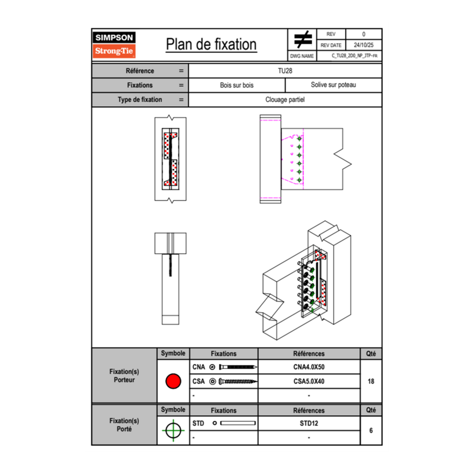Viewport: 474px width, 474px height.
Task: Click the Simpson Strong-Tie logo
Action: pyautogui.click(x=115, y=45)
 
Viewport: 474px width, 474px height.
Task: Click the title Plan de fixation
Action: pyautogui.click(x=211, y=45)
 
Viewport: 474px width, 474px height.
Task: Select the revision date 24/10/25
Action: pyautogui.click(x=364, y=45)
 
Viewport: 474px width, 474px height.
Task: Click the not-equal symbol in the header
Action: pyautogui.click(x=303, y=40)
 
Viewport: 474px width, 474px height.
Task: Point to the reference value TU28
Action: pyautogui.click(x=285, y=71)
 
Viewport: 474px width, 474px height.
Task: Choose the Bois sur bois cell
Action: pyautogui.click(x=236, y=85)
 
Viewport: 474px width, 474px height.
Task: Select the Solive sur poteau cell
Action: pyautogui.click(x=333, y=85)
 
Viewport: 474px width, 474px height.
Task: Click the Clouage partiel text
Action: pyautogui.click(x=285, y=100)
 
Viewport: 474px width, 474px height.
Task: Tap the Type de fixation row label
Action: pyautogui.click(x=140, y=100)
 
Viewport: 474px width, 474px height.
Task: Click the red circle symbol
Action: pyautogui.click(x=173, y=381)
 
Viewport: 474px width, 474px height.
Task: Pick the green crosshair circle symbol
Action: pyautogui.click(x=173, y=430)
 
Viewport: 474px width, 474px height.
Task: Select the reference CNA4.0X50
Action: pyautogui.click(x=309, y=367)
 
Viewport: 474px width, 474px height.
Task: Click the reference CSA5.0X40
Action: pyautogui.click(x=309, y=381)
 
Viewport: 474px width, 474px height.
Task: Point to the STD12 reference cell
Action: pyautogui.click(x=309, y=423)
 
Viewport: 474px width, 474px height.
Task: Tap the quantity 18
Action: pyautogui.click(x=371, y=381)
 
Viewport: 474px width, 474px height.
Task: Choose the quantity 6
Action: pyautogui.click(x=371, y=430)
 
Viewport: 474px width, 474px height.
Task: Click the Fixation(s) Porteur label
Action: pyautogui.click(x=124, y=376)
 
